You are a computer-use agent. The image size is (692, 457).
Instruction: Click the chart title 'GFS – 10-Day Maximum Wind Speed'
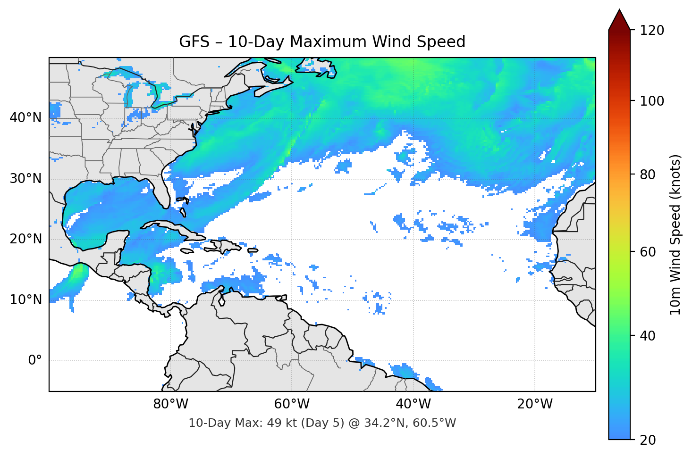point(322,42)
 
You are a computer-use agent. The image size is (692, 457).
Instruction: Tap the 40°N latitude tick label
point(25,118)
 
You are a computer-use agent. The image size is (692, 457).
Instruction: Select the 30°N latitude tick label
point(25,179)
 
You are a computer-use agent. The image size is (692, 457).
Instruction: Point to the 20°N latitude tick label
point(25,239)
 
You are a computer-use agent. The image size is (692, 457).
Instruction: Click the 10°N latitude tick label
point(25,300)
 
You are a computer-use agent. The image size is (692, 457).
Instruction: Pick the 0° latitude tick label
point(35,361)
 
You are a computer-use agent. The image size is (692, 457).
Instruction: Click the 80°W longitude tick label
point(170,404)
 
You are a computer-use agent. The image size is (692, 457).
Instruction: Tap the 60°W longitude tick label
point(292,404)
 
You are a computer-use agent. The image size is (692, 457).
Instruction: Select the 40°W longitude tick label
point(414,404)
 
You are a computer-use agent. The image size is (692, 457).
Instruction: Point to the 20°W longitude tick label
point(535,404)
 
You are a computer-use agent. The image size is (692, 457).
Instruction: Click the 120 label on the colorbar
point(652,31)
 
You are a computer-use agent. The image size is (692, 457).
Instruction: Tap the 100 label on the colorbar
point(652,101)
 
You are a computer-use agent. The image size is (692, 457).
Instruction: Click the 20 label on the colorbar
point(648,440)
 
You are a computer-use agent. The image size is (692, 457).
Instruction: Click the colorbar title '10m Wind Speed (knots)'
point(675,234)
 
